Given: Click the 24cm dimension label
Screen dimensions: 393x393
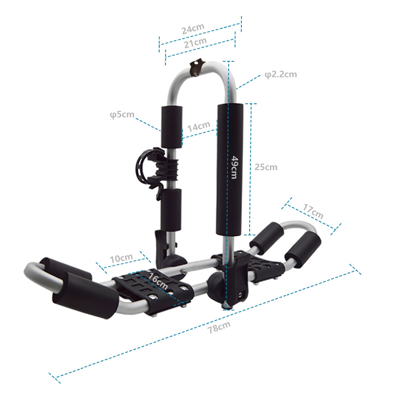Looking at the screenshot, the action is point(193,29).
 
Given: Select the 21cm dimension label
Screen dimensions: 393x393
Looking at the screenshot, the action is point(195,42).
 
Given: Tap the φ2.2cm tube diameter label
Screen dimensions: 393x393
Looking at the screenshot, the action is point(281,74).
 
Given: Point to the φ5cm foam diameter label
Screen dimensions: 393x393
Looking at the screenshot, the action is point(122,114).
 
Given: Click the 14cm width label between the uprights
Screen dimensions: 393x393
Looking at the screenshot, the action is point(199,126).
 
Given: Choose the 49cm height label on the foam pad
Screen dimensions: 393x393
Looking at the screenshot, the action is point(235,167).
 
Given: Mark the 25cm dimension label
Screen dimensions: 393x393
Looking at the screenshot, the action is point(266,167).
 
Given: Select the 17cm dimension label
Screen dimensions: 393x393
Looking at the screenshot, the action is point(313,211).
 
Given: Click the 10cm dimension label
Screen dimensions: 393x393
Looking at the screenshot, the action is point(121,258).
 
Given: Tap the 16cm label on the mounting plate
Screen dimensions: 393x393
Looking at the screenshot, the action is point(158,281).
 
